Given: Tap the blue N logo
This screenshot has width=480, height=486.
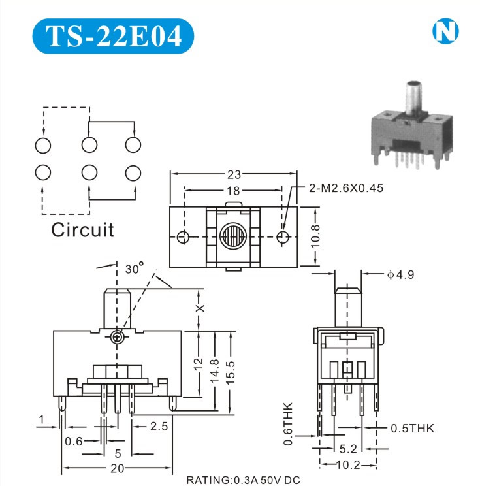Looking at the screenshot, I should [x=445, y=31].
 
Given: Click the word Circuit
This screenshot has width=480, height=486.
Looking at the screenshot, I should [x=82, y=230].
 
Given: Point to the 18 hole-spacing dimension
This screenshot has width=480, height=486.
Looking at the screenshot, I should [x=234, y=191].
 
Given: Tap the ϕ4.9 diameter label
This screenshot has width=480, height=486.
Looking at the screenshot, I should [x=400, y=275].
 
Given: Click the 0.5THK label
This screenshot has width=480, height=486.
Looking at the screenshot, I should [x=411, y=429].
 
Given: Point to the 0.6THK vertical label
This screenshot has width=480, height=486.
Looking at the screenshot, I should [x=289, y=425].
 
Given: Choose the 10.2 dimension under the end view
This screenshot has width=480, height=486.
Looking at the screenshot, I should [x=347, y=466].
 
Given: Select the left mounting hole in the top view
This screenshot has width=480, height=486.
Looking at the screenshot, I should [x=185, y=236].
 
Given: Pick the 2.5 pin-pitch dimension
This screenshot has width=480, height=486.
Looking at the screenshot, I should [x=159, y=427].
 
